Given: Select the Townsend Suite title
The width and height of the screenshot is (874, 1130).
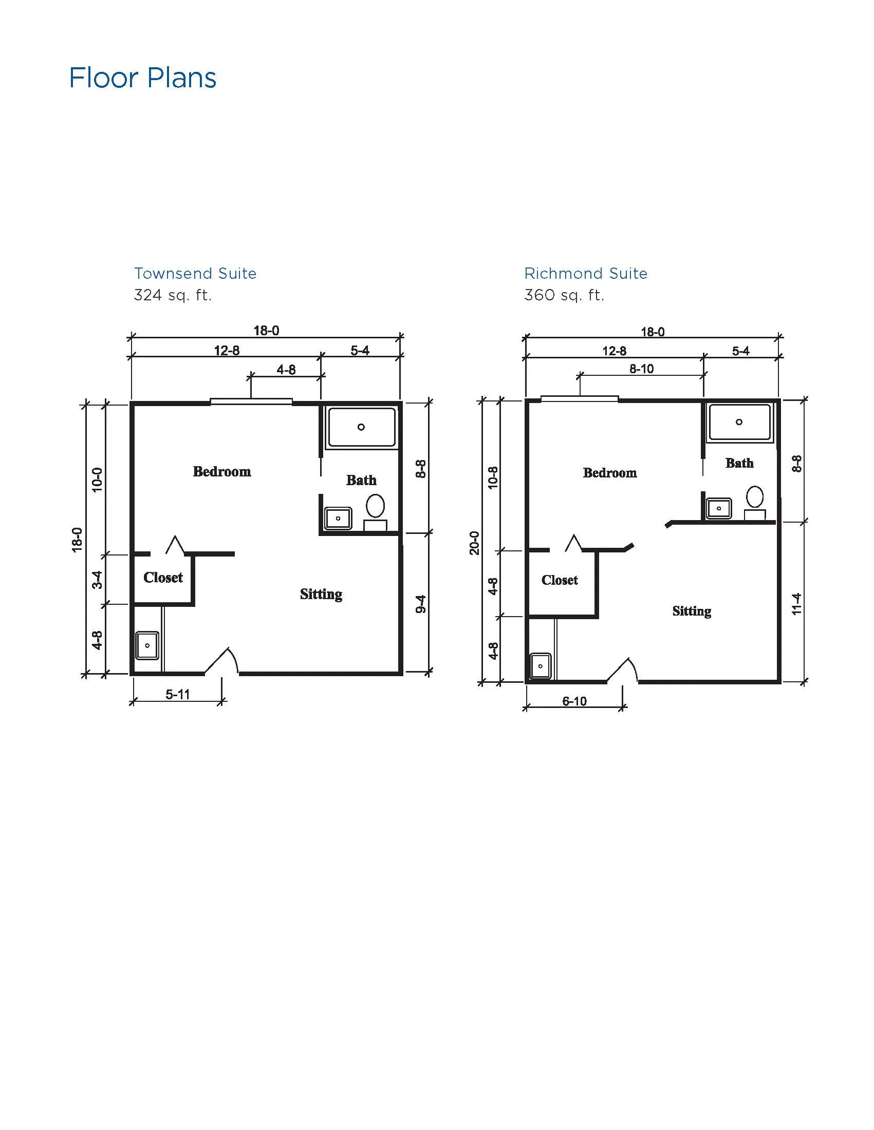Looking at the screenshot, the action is click(195, 273).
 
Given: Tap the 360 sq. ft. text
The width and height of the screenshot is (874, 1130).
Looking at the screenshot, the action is click(564, 295).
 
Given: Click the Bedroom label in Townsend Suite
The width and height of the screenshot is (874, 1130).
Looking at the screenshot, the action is click(221, 471).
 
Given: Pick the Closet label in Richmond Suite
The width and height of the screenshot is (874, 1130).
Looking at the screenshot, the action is click(560, 580).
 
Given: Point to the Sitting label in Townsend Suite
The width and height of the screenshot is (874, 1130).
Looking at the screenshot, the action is click(321, 594).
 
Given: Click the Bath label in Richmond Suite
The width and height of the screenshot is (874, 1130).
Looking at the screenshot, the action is click(739, 463).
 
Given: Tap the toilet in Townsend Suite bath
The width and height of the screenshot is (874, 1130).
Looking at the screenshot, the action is click(376, 512).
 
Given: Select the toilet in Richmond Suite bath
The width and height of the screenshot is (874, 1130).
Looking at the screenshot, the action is click(755, 503).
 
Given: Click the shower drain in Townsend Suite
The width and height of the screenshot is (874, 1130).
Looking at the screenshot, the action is click(361, 427).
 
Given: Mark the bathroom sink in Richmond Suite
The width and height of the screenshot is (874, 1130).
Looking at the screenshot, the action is click(719, 508).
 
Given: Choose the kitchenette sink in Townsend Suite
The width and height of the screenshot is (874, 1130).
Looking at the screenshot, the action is click(147, 645).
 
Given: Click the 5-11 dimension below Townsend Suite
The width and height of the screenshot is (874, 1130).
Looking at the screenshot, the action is click(178, 694).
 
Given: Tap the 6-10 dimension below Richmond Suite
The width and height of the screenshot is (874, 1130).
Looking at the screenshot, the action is click(574, 701).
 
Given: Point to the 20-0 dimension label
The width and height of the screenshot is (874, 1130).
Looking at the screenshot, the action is click(474, 543).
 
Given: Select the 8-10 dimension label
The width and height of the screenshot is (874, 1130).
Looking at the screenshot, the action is click(642, 369).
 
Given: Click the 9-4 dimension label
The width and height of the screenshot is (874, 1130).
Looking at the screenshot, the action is click(421, 604).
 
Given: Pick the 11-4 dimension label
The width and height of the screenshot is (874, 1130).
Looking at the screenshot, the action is click(796, 604).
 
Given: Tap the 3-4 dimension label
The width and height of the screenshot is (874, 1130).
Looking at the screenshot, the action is click(97, 580).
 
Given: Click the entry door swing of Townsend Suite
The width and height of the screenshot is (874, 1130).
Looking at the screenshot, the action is click(221, 661).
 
